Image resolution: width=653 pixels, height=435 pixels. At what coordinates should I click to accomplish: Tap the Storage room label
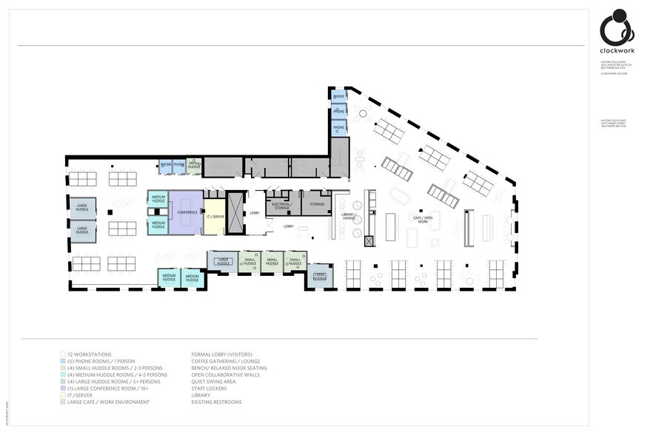[x=317, y=204]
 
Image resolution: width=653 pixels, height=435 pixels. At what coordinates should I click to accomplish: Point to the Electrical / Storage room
[x=281, y=206]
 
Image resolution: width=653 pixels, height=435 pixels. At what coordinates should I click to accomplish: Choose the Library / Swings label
[x=349, y=217]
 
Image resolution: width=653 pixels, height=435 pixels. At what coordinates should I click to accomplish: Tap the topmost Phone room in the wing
[x=339, y=97]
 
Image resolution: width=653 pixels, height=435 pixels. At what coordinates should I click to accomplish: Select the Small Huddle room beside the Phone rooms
[x=194, y=166]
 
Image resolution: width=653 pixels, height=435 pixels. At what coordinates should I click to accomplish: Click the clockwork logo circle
[x=616, y=28]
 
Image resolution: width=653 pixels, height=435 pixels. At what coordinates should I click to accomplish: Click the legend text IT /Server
[x=79, y=395]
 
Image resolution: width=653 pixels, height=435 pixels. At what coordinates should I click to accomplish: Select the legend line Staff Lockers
[x=210, y=388]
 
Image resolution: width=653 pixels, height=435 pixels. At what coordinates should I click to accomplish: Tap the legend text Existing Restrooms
[x=216, y=402]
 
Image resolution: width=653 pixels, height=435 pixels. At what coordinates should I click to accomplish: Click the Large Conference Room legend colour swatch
[x=62, y=388]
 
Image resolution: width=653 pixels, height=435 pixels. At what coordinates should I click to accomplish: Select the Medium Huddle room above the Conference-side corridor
[x=158, y=198]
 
